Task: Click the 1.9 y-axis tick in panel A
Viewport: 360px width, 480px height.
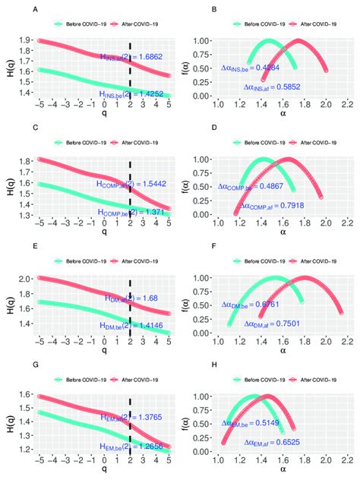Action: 25,39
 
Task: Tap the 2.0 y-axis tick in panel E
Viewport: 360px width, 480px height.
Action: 25,279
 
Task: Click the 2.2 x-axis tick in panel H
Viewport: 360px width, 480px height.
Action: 349,459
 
